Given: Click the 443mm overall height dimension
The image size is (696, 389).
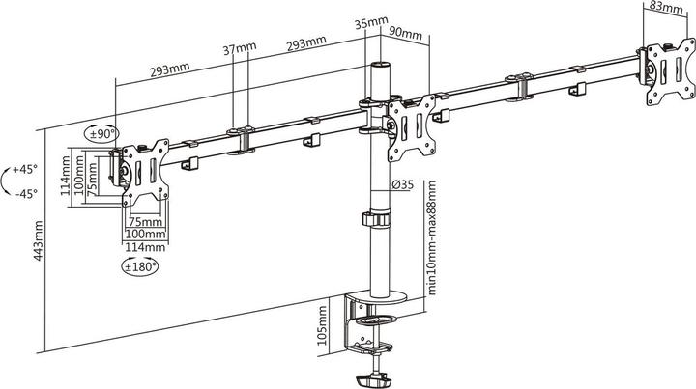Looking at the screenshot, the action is click(38, 240).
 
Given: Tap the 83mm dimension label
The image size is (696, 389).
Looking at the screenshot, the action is click(666, 7).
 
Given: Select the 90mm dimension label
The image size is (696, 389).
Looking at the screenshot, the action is click(406, 33).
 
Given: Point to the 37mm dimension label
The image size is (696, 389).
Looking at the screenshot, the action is click(240, 48).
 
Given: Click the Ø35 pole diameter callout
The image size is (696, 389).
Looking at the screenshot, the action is click(402, 183).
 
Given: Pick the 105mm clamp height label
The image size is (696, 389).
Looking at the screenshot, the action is click(322, 325).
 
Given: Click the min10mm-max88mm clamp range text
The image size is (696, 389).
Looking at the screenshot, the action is click(431, 237).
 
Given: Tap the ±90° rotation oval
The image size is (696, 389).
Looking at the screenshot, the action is click(101, 134).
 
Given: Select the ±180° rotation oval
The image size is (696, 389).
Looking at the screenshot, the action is click(140, 266).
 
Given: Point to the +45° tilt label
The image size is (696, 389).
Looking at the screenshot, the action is click(25, 169).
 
